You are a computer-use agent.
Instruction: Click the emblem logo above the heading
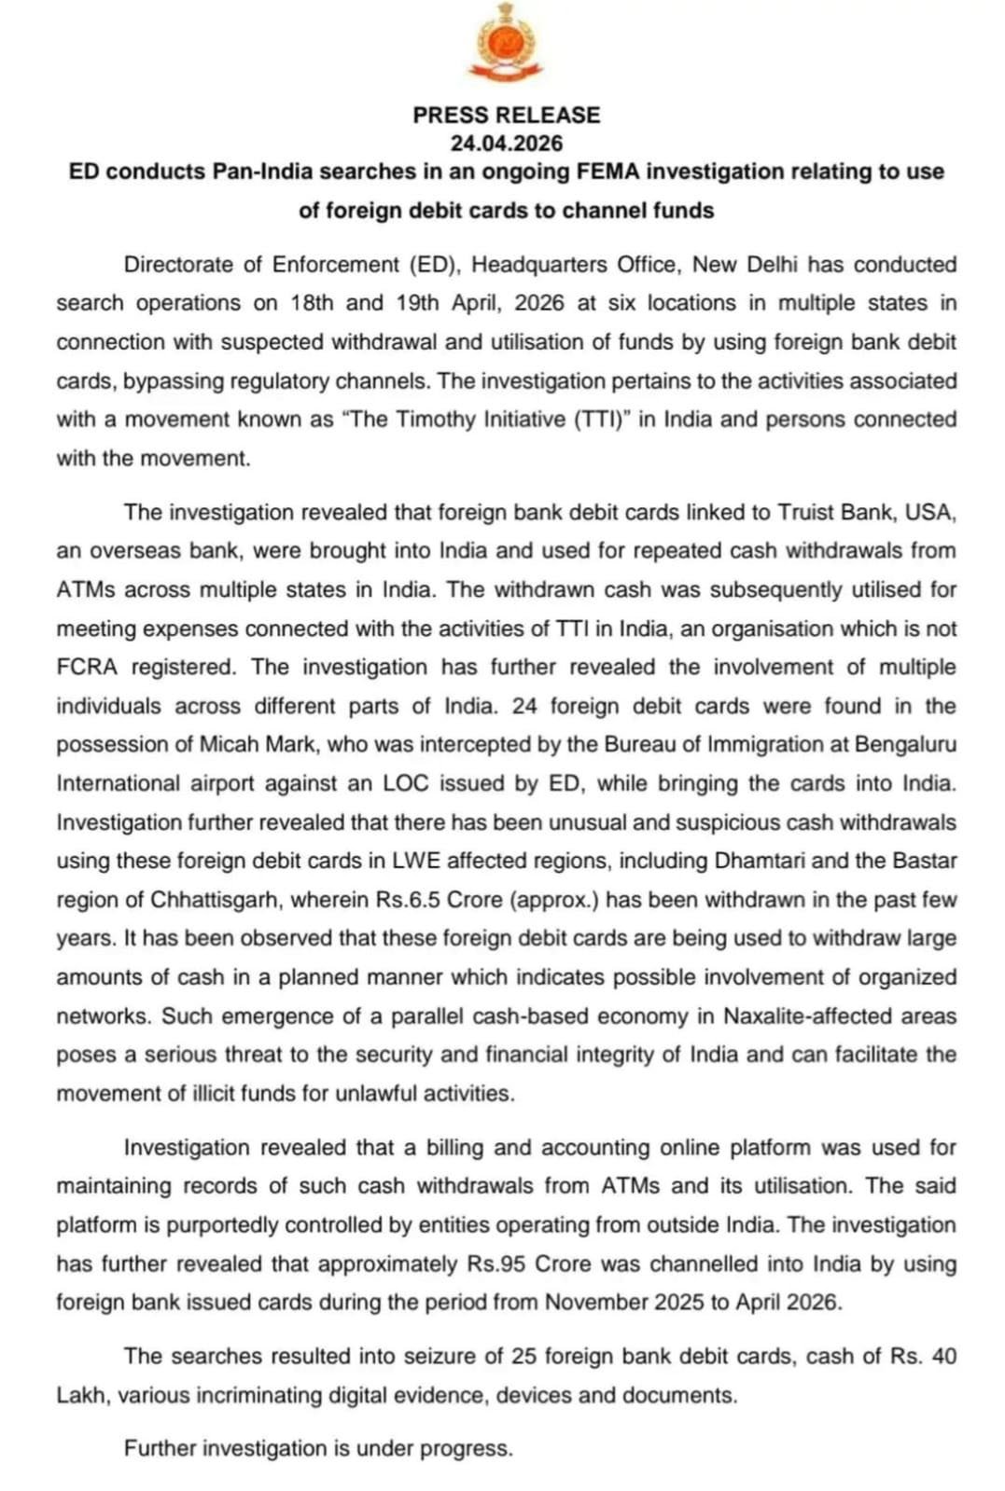pyautogui.click(x=505, y=42)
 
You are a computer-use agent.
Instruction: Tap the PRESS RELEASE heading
pyautogui.click(x=506, y=115)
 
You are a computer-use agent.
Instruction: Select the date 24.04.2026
pyautogui.click(x=506, y=143)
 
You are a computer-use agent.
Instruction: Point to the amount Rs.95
pyautogui.click(x=498, y=1264)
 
